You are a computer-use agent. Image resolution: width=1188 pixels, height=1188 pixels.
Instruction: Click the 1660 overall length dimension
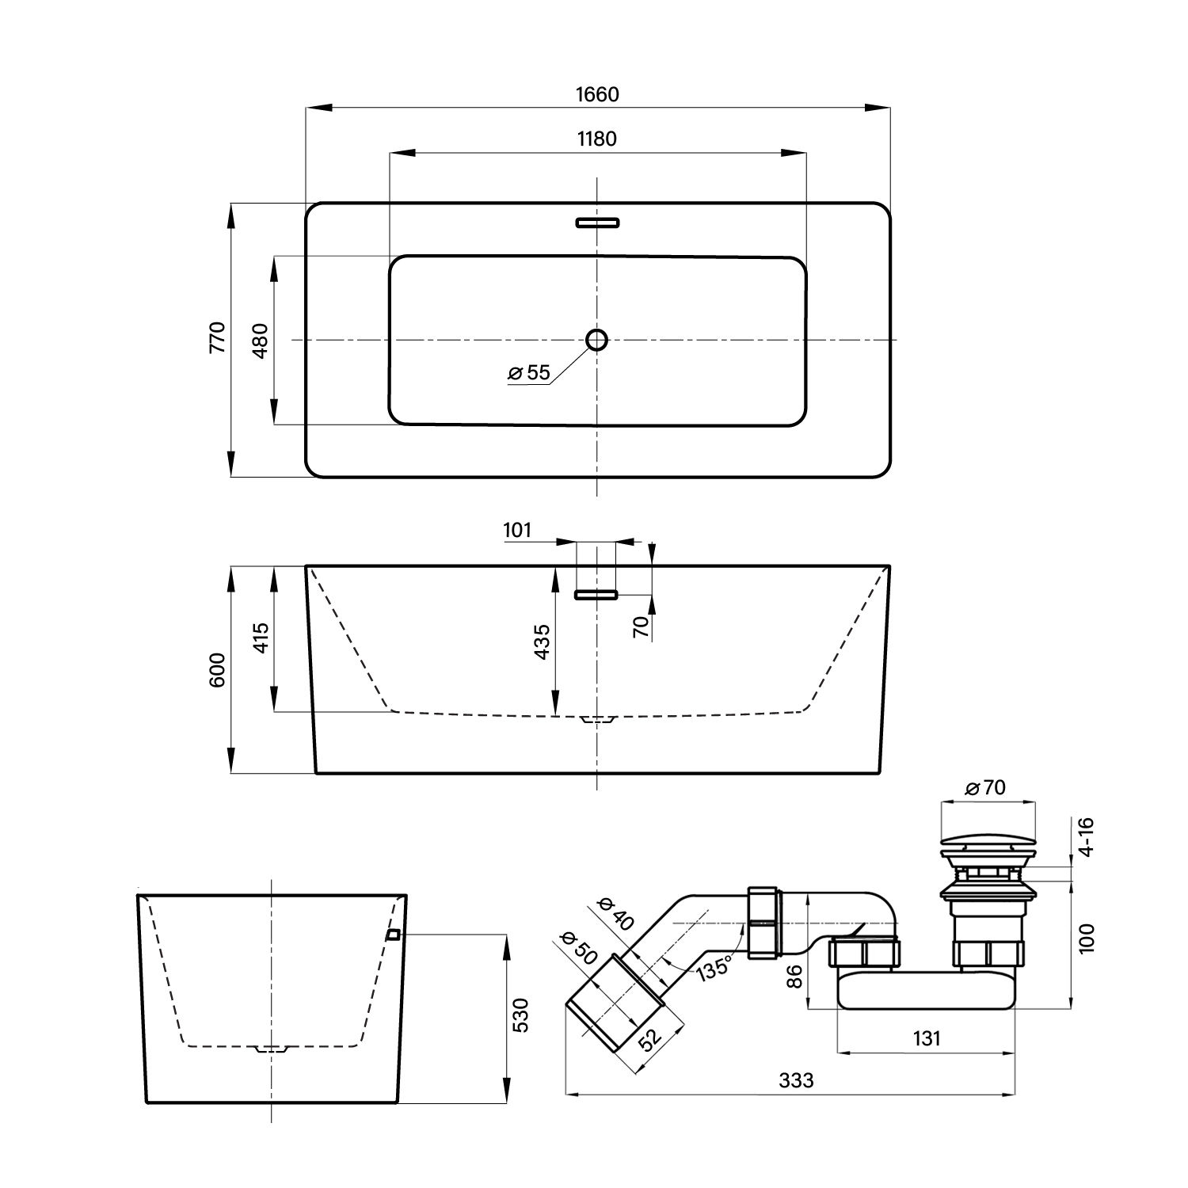[597, 94]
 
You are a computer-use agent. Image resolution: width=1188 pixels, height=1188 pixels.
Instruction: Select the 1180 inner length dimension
[597, 139]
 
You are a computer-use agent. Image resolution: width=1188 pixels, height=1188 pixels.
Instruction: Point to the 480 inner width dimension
[261, 341]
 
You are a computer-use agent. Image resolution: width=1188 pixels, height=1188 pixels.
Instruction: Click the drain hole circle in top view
[597, 340]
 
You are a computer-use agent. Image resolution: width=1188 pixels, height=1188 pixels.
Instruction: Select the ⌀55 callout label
[529, 373]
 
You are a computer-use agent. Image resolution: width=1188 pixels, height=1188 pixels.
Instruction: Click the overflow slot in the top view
[597, 223]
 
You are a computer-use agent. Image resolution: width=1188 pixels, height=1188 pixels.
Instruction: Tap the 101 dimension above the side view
[517, 530]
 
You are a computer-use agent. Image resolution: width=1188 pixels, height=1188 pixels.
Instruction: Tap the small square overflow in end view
[393, 935]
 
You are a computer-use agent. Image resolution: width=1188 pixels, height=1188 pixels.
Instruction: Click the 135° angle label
[714, 968]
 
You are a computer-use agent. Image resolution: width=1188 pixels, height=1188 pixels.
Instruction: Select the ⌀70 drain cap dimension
[986, 788]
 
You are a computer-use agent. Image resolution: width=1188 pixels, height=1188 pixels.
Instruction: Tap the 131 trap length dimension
[926, 1038]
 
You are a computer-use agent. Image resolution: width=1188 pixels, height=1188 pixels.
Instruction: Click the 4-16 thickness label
[1086, 836]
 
